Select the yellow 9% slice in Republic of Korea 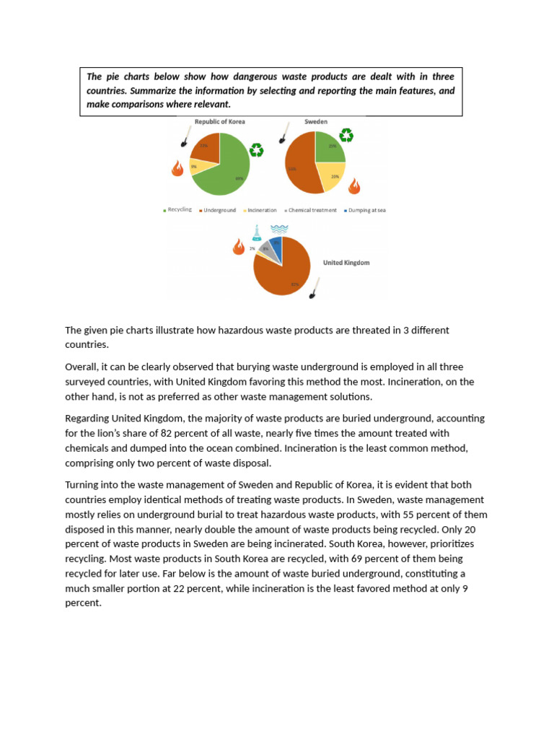pyautogui.click(x=196, y=166)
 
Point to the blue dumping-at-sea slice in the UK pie pyautogui.click(x=276, y=246)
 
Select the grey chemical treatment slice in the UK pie pyautogui.click(x=266, y=249)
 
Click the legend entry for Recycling pyautogui.click(x=177, y=210)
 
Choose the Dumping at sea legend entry pyautogui.click(x=366, y=210)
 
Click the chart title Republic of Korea pyautogui.click(x=219, y=122)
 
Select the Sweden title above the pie pyautogui.click(x=316, y=122)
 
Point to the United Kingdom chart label pyautogui.click(x=346, y=263)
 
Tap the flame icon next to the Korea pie pyautogui.click(x=177, y=168)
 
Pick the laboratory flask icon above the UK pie pyautogui.click(x=256, y=232)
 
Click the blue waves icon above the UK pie pyautogui.click(x=279, y=229)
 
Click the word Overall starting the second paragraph pyautogui.click(x=82, y=368)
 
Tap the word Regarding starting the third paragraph pyautogui.click(x=89, y=419)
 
